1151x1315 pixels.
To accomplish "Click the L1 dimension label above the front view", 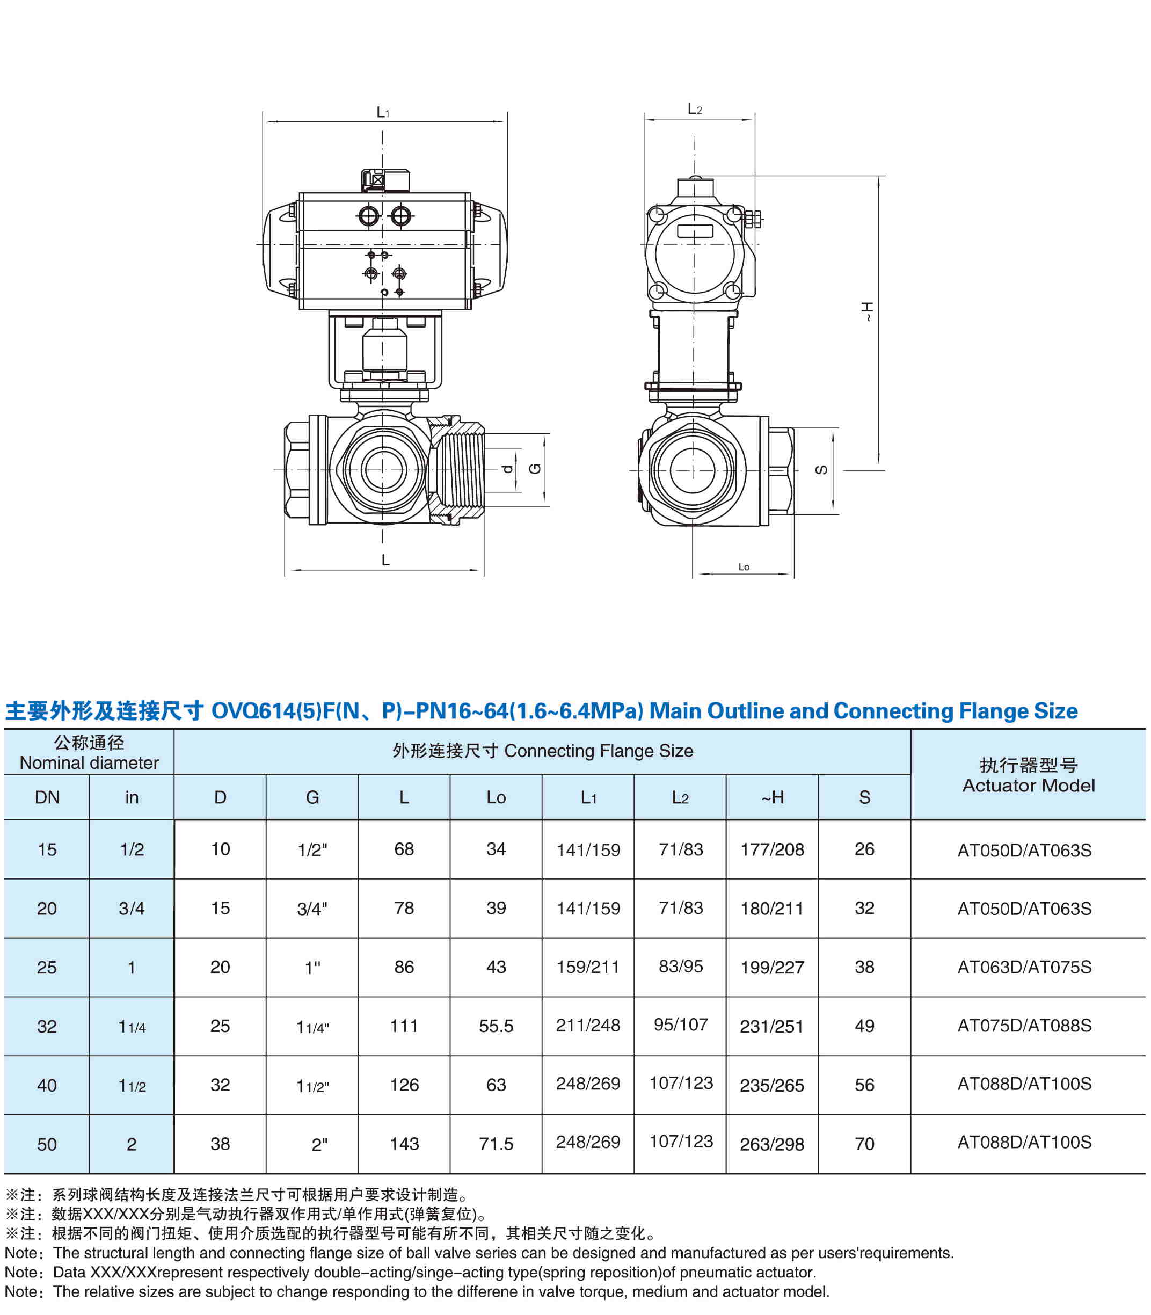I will click(x=383, y=112).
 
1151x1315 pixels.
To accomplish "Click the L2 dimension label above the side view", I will click(x=694, y=109).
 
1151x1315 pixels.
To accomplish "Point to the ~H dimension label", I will click(x=868, y=311).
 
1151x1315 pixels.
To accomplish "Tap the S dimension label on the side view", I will click(x=821, y=470).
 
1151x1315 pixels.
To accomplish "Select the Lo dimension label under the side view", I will click(x=743, y=566).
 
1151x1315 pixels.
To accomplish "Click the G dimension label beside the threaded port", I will click(x=534, y=468).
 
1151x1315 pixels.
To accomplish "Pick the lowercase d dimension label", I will click(x=507, y=469).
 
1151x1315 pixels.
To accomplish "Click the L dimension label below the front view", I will click(x=385, y=560).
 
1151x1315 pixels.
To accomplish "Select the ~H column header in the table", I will click(x=772, y=797).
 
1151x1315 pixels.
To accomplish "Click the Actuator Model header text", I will click(x=1028, y=785).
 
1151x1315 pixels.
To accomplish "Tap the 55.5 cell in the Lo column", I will click(x=496, y=1026).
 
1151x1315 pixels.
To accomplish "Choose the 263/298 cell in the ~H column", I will click(x=772, y=1144).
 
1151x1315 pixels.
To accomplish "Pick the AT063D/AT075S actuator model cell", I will click(x=1024, y=967).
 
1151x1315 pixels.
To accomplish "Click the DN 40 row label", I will click(x=47, y=1085).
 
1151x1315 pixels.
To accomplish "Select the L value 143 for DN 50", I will click(x=404, y=1144).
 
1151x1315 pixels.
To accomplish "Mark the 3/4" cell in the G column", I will click(x=312, y=909).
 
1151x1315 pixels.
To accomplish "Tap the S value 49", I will click(x=864, y=1026).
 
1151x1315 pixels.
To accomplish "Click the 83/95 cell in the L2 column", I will click(x=681, y=966).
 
